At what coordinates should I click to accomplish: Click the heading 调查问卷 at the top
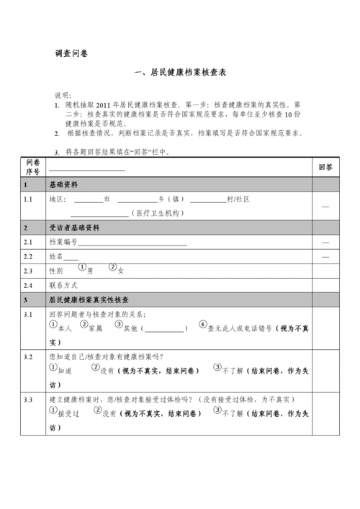pyautogui.click(x=71, y=53)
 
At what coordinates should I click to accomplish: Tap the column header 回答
pyautogui.click(x=325, y=167)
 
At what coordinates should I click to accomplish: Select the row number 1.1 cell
pyautogui.click(x=28, y=199)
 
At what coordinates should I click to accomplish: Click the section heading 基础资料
pyautogui.click(x=63, y=184)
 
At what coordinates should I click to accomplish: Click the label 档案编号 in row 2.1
pyautogui.click(x=63, y=242)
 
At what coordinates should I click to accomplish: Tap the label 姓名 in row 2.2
pyautogui.click(x=56, y=256)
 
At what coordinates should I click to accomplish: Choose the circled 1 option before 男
pyautogui.click(x=83, y=268)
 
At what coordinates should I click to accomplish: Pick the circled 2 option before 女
pyautogui.click(x=113, y=268)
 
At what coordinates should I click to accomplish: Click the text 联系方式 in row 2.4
pyautogui.click(x=63, y=285)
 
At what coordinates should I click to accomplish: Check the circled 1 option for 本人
pyautogui.click(x=53, y=325)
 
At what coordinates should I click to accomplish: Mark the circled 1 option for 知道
pyautogui.click(x=53, y=366)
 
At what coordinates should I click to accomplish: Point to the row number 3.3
pyautogui.click(x=28, y=399)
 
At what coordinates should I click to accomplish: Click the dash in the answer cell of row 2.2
pyautogui.click(x=325, y=256)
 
